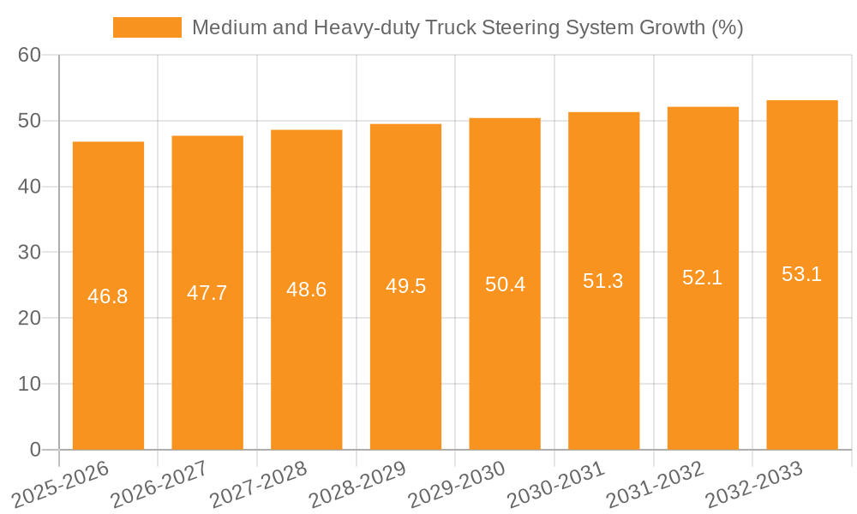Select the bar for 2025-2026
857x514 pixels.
coord(108,296)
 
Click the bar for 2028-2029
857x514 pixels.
coord(405,287)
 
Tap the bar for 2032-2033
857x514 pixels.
coord(802,275)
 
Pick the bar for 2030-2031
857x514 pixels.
coord(603,281)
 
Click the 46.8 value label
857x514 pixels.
coord(108,296)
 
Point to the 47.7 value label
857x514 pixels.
coord(207,293)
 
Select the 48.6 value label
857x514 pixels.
coord(306,290)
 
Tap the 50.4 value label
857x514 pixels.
coord(505,284)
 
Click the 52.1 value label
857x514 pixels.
coord(703,278)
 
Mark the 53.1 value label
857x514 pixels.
coord(802,274)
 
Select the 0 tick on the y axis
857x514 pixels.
coord(35,450)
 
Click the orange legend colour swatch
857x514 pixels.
coord(147,27)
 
